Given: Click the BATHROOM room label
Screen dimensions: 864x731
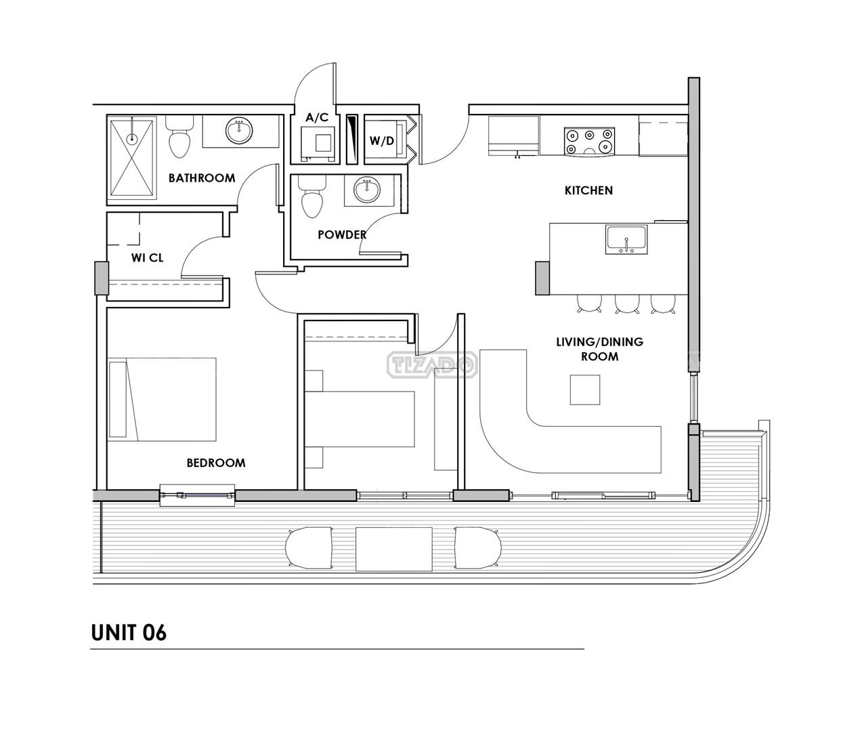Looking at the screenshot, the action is pos(202,178).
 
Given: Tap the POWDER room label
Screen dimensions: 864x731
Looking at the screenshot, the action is pos(342,234).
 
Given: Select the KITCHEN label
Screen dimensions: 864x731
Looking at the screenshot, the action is pos(588,190).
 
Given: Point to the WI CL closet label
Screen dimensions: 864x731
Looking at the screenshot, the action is pos(147,258).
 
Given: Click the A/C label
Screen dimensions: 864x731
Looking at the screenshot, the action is pos(318,117).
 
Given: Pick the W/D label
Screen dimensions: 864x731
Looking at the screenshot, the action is pos(382,141).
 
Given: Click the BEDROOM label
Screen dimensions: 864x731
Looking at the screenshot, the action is pos(216,463).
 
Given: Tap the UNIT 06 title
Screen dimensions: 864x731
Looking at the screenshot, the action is pos(129,633).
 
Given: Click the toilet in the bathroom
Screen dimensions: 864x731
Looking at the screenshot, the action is pos(179,137).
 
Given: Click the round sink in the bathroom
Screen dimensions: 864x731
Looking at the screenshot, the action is pos(239,130).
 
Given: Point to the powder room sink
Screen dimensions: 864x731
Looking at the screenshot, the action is pos(367,190).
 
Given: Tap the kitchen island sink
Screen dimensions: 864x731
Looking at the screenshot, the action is pos(626,239).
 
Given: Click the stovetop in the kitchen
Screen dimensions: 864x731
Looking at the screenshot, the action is pos(589,142).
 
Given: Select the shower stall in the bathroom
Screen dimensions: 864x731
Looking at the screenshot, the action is pos(131,158).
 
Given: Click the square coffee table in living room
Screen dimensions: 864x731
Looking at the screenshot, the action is pos(585,390).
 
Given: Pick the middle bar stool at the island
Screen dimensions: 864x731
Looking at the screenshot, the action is pos(627,304).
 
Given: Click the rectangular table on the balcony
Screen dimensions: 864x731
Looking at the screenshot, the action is pos(394,549).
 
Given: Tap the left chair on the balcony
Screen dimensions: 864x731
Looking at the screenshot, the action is pos(309,548).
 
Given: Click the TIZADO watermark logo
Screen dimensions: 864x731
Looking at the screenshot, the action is pos(432,365).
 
